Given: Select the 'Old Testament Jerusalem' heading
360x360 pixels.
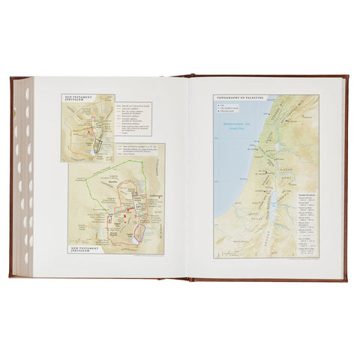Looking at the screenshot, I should pyautogui.click(x=76, y=98).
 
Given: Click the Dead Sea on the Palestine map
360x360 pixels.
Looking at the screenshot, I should pyautogui.click(x=274, y=202).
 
